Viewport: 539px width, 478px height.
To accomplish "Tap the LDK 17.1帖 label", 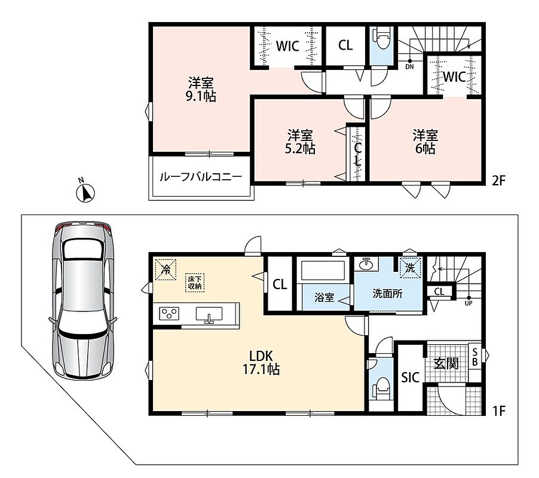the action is [261, 362].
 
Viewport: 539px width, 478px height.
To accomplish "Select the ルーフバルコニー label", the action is [201, 177].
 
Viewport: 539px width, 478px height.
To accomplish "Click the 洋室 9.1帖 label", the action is [201, 90].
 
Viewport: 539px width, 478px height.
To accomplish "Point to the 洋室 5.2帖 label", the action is [300, 142].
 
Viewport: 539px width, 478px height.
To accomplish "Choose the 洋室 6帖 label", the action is [425, 142].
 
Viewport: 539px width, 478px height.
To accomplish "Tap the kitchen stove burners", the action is [169, 314].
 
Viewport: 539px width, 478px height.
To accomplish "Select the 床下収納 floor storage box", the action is [195, 283].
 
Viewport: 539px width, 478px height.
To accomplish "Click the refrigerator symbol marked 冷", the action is [166, 269].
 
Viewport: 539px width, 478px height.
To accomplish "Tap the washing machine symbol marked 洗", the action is [410, 267].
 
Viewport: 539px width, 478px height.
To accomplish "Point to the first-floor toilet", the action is [381, 387].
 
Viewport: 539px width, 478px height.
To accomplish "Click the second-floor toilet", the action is [382, 39].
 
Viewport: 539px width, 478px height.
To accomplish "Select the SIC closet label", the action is [411, 378].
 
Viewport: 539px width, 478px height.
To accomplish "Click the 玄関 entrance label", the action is [446, 363].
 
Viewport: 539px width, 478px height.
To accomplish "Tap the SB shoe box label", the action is [475, 357].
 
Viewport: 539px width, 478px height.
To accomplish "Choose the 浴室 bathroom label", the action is [324, 297].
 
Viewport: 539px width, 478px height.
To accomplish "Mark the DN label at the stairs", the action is [409, 67].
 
